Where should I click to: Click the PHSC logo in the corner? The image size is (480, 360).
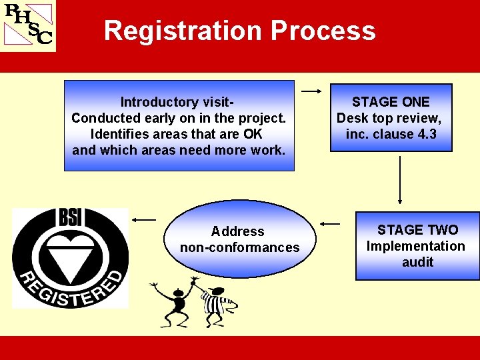(x=28, y=25)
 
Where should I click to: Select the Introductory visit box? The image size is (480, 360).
(x=179, y=125)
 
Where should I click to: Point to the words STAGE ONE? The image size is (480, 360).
(x=391, y=102)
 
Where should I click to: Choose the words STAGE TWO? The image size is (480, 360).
(x=417, y=230)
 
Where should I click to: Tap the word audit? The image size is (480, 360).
(x=417, y=262)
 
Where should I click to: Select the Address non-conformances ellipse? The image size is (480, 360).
(x=239, y=239)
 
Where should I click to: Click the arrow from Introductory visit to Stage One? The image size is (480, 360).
(x=311, y=90)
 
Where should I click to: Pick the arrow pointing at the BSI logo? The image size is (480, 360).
(x=144, y=219)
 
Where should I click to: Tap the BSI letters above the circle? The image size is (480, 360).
(x=70, y=217)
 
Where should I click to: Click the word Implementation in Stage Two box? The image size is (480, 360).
(x=416, y=246)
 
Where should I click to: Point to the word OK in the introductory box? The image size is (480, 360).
(x=253, y=134)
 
